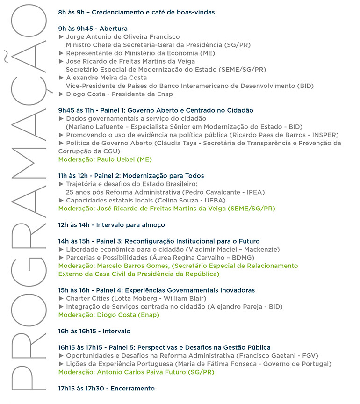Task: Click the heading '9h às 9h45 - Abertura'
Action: point(93,29)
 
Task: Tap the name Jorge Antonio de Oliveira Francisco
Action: point(122,37)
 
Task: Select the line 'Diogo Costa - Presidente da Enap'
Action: point(119,94)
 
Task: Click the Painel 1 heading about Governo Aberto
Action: point(156,110)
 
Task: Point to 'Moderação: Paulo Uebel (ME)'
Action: point(105,159)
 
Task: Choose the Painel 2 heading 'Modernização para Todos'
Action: point(131,176)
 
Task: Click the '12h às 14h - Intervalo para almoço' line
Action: point(111,225)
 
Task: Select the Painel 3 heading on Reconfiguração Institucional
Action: point(159,241)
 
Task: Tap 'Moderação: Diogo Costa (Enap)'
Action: point(108,315)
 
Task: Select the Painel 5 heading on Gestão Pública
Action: point(164,347)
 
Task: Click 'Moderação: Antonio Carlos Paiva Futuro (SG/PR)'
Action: point(137,372)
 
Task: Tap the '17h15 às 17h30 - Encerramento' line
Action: point(106,389)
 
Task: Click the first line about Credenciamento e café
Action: point(137,12)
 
